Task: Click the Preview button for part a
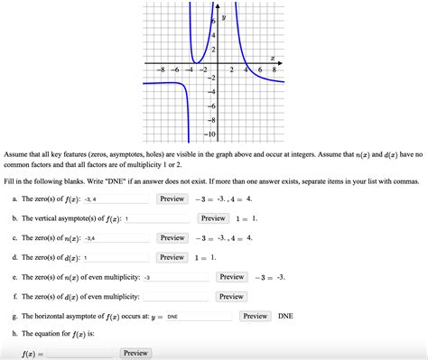[172, 198]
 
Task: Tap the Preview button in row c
[172, 237]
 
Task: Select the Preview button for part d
[172, 257]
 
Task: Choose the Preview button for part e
[231, 277]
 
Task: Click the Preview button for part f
[231, 297]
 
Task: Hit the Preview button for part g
[255, 317]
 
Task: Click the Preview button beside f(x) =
[135, 353]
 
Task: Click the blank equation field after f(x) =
[80, 354]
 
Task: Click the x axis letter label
[272, 57]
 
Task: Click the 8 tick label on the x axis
[274, 69]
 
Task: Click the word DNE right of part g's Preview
[285, 317]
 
